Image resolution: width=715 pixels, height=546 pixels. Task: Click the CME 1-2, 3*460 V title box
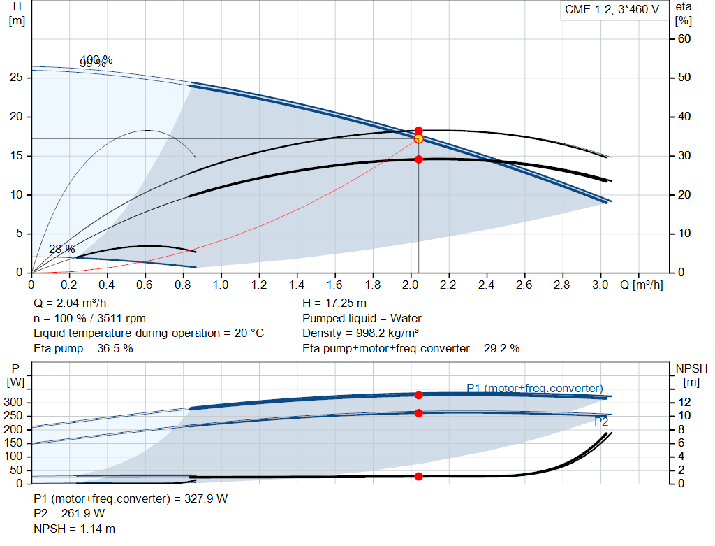point(612,10)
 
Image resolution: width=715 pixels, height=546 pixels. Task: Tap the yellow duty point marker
point(418,138)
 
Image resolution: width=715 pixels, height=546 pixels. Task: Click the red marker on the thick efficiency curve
point(418,159)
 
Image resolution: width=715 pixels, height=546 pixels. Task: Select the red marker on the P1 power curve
point(418,395)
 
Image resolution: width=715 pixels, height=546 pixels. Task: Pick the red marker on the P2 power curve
point(418,413)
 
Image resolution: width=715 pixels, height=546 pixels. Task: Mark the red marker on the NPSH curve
point(418,476)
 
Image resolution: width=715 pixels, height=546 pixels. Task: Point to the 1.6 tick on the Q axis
point(334,285)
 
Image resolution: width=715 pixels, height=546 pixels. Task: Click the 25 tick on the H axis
point(17,78)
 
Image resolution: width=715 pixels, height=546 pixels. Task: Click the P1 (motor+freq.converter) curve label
point(535,388)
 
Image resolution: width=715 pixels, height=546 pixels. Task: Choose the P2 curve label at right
point(601,422)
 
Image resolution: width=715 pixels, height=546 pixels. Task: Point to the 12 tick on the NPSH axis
point(686,402)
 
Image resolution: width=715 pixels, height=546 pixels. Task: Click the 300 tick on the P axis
point(16,402)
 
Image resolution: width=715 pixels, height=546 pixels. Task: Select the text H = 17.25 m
point(334,303)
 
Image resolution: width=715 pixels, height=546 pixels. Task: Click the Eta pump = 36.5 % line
point(83,348)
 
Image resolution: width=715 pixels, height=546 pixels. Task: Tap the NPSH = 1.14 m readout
point(75,529)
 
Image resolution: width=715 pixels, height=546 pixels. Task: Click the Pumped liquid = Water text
point(362,318)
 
